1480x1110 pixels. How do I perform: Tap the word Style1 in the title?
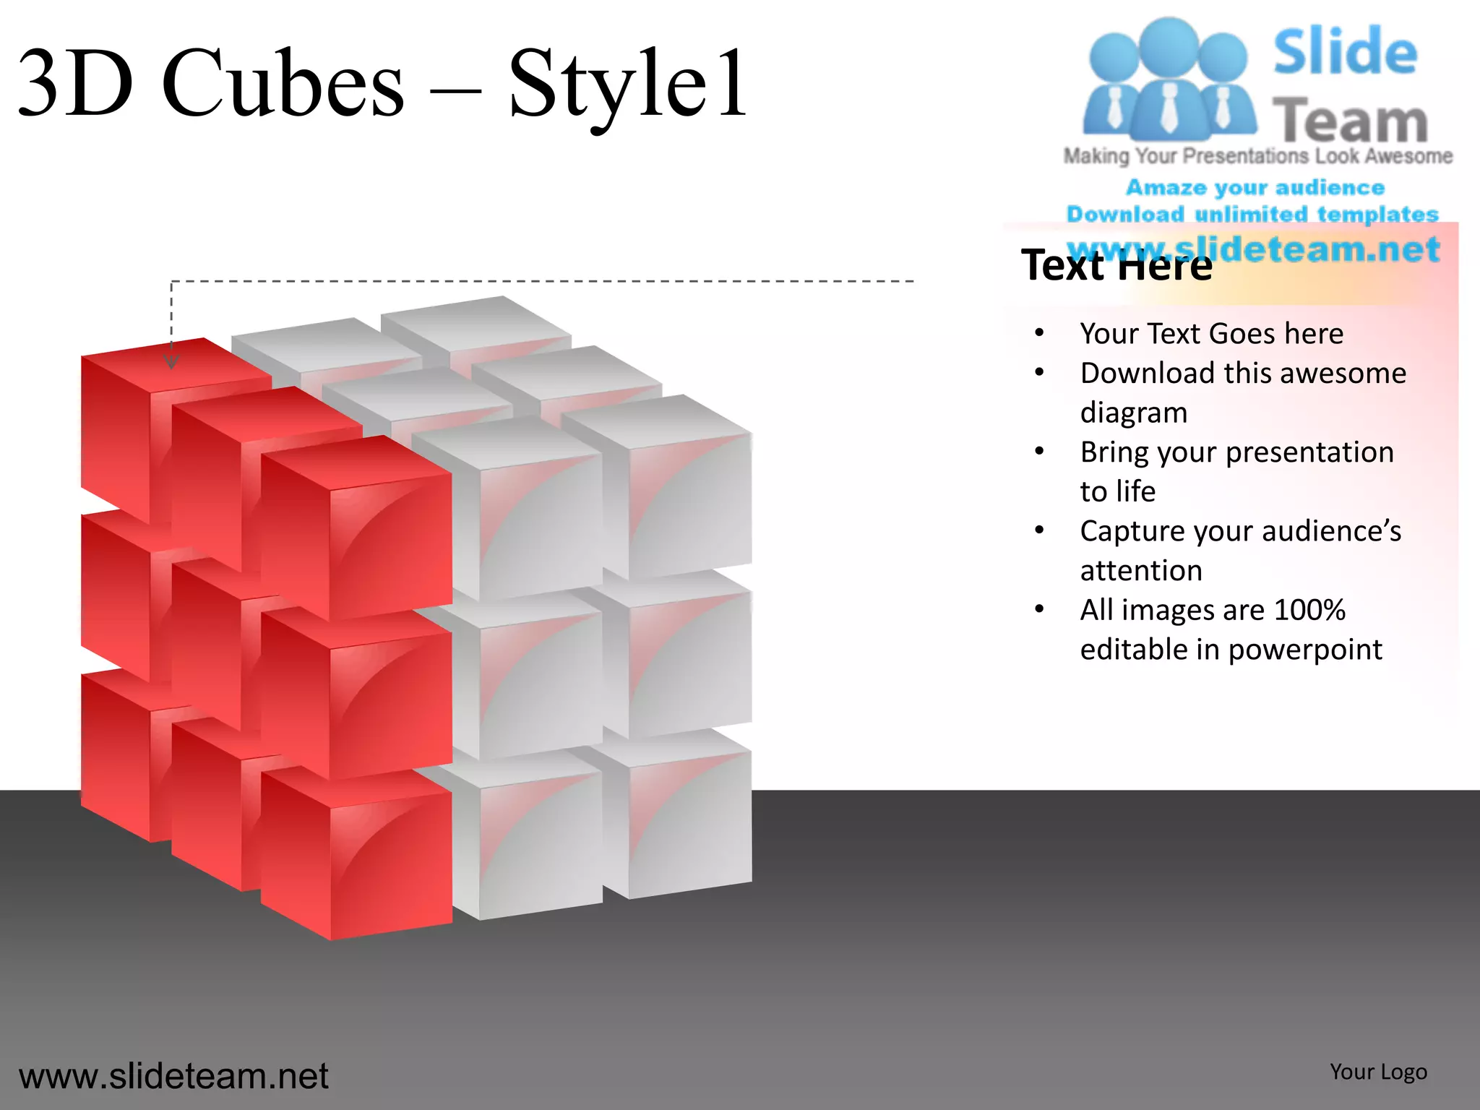pos(627,85)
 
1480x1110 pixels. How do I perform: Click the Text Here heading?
pos(1117,265)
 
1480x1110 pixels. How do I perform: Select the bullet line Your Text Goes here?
pos(1211,334)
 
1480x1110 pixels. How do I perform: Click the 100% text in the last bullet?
pos(1309,610)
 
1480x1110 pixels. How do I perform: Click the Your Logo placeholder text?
pos(1378,1072)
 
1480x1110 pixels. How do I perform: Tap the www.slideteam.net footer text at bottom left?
pos(173,1076)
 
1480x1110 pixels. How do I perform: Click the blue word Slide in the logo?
pos(1345,51)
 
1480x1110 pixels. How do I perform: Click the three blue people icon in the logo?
pos(1169,79)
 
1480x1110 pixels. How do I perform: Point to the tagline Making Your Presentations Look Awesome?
pos(1257,156)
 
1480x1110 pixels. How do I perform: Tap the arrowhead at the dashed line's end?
pos(171,362)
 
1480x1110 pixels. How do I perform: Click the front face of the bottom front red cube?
pos(391,860)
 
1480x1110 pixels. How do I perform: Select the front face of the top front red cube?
pos(391,542)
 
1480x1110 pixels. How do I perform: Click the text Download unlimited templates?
pos(1252,215)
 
